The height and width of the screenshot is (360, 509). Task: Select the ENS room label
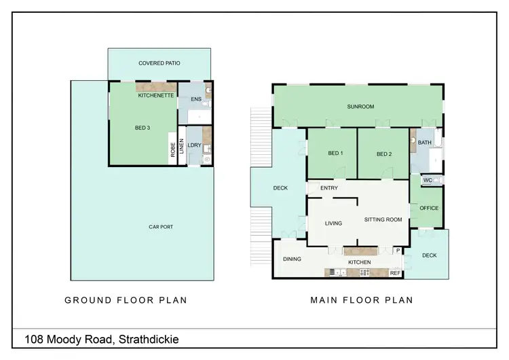click(196, 99)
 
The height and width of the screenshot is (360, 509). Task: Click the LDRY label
click(194, 145)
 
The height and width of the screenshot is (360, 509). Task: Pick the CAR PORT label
click(162, 227)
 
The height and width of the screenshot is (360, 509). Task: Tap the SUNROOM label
click(360, 107)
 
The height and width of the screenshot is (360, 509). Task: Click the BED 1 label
click(335, 154)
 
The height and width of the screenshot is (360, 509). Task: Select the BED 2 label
click(384, 154)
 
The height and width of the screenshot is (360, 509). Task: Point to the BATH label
click(425, 142)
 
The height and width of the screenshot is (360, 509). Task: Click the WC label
click(428, 180)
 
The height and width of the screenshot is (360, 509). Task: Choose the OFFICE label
click(429, 209)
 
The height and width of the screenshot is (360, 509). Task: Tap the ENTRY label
click(329, 187)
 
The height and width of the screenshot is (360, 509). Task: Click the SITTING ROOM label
click(383, 219)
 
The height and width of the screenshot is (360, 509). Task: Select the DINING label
click(292, 259)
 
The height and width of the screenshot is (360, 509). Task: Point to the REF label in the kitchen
click(394, 273)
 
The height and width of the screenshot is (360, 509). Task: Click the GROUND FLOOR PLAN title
click(126, 300)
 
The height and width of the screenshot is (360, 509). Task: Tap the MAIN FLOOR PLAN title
click(361, 300)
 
